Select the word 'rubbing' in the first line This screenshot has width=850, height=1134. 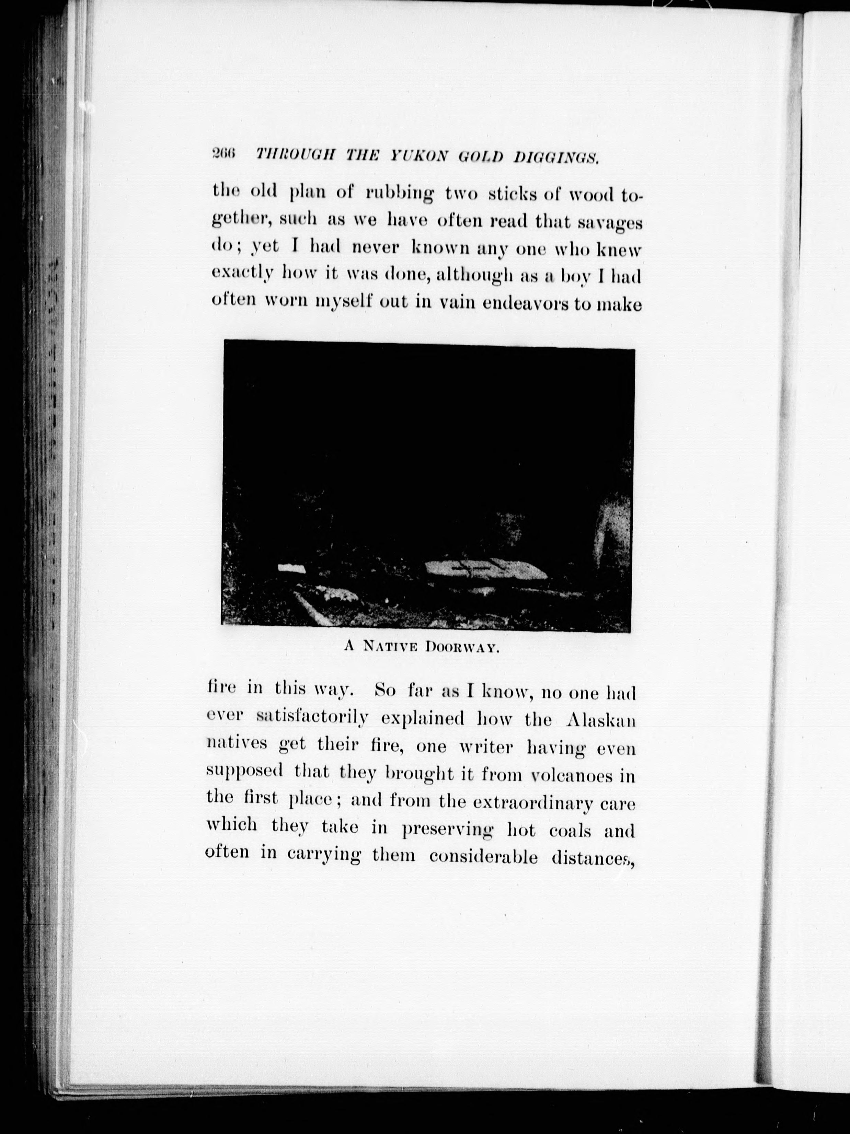pyautogui.click(x=399, y=194)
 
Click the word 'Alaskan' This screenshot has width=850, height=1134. pyautogui.click(x=601, y=720)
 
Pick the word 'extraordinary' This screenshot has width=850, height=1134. pyautogui.click(x=532, y=803)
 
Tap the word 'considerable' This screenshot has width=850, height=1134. pyautogui.click(x=483, y=858)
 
